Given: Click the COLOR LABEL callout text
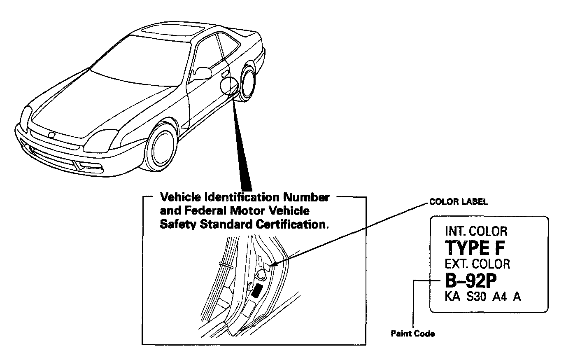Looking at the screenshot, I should (458, 202).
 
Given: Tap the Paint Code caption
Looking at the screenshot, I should (412, 334).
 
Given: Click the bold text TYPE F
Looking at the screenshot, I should (475, 248).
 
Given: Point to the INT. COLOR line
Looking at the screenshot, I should (476, 231).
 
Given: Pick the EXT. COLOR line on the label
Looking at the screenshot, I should (477, 264).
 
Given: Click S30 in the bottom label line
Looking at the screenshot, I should (477, 297).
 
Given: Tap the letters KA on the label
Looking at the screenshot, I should (453, 297).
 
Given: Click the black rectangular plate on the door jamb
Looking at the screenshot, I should (258, 290).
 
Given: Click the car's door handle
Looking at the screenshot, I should (225, 74).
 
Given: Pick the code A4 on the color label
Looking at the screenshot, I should (499, 297).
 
